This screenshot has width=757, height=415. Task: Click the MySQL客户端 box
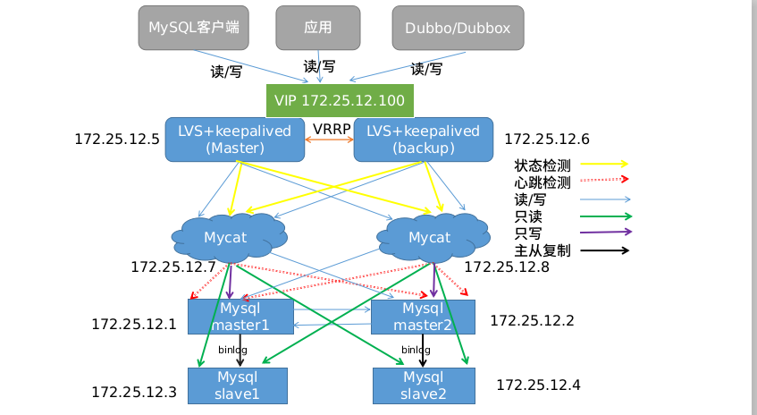tap(194, 28)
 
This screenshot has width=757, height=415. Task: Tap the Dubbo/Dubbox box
tap(458, 28)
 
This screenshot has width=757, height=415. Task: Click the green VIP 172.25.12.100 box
tap(340, 100)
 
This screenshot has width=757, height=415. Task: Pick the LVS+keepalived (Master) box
tap(235, 139)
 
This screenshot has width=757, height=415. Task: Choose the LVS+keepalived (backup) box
tap(423, 139)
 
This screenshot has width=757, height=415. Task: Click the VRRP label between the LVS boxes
tap(331, 129)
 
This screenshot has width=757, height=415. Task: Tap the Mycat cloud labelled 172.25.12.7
tap(227, 237)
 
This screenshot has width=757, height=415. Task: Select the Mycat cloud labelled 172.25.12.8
tap(429, 237)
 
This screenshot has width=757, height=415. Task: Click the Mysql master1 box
tap(240, 317)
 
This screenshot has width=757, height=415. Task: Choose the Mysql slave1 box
tap(237, 385)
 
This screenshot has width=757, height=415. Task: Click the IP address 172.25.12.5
tap(116, 140)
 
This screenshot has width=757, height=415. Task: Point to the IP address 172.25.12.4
tap(538, 385)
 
